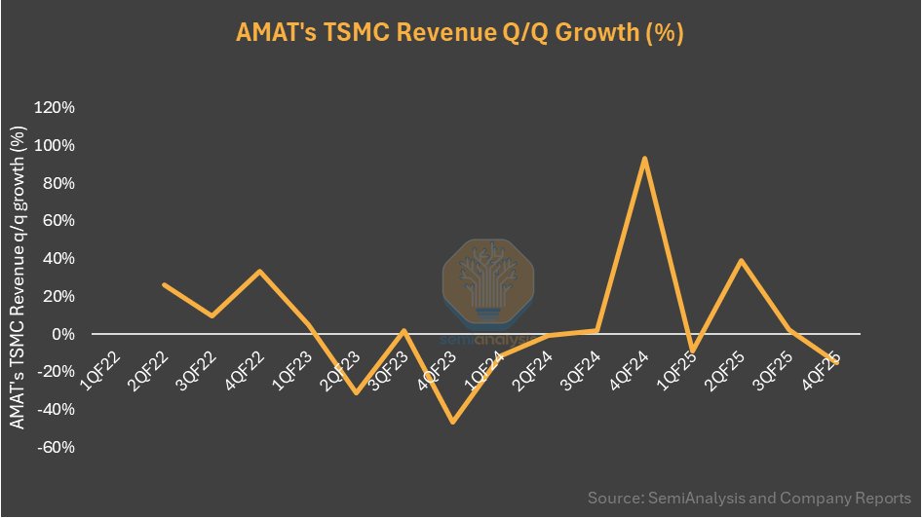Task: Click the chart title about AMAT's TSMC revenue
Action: [460, 32]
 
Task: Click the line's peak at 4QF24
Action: [644, 158]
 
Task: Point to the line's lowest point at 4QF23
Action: [452, 422]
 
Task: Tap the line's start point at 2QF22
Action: [164, 285]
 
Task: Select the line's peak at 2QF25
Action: [741, 261]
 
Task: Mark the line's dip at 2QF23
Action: [356, 392]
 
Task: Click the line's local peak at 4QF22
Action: [260, 272]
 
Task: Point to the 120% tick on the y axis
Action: [55, 107]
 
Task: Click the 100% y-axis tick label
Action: [55, 145]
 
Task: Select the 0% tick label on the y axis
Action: [63, 334]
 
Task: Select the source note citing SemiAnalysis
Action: [749, 498]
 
